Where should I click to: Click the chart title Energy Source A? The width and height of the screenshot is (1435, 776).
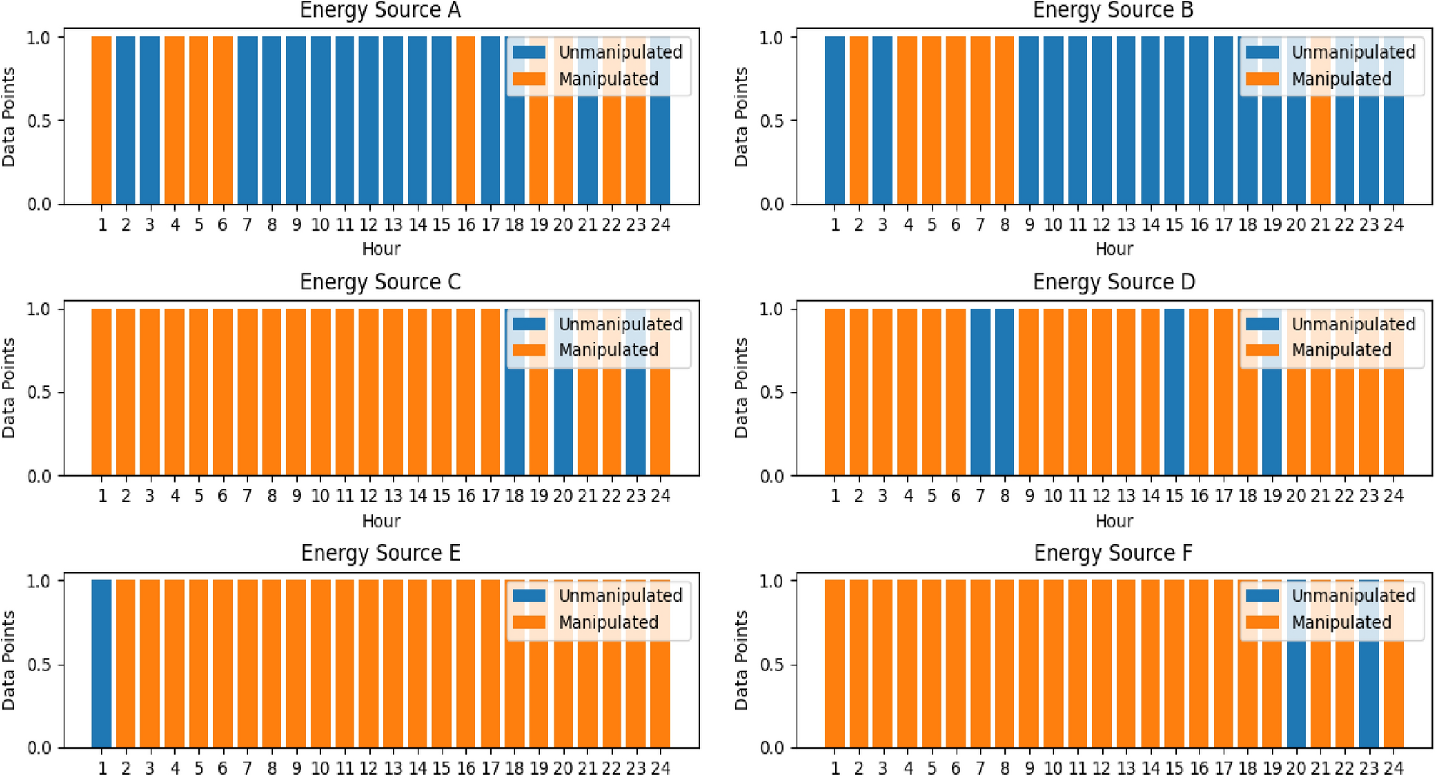380,11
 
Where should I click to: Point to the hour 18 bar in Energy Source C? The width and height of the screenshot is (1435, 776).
514,422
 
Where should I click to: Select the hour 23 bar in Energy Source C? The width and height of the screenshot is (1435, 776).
635,422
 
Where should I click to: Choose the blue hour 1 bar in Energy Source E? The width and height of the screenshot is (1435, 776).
101,664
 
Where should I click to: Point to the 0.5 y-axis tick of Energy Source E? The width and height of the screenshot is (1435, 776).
39,665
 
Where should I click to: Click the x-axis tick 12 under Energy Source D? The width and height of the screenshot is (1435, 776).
1102,496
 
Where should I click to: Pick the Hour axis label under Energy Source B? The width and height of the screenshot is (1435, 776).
1114,249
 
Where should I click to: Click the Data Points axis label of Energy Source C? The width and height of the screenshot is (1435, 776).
9,388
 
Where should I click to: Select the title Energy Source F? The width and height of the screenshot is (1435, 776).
1113,554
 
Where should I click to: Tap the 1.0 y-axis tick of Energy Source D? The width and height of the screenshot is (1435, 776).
772,309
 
